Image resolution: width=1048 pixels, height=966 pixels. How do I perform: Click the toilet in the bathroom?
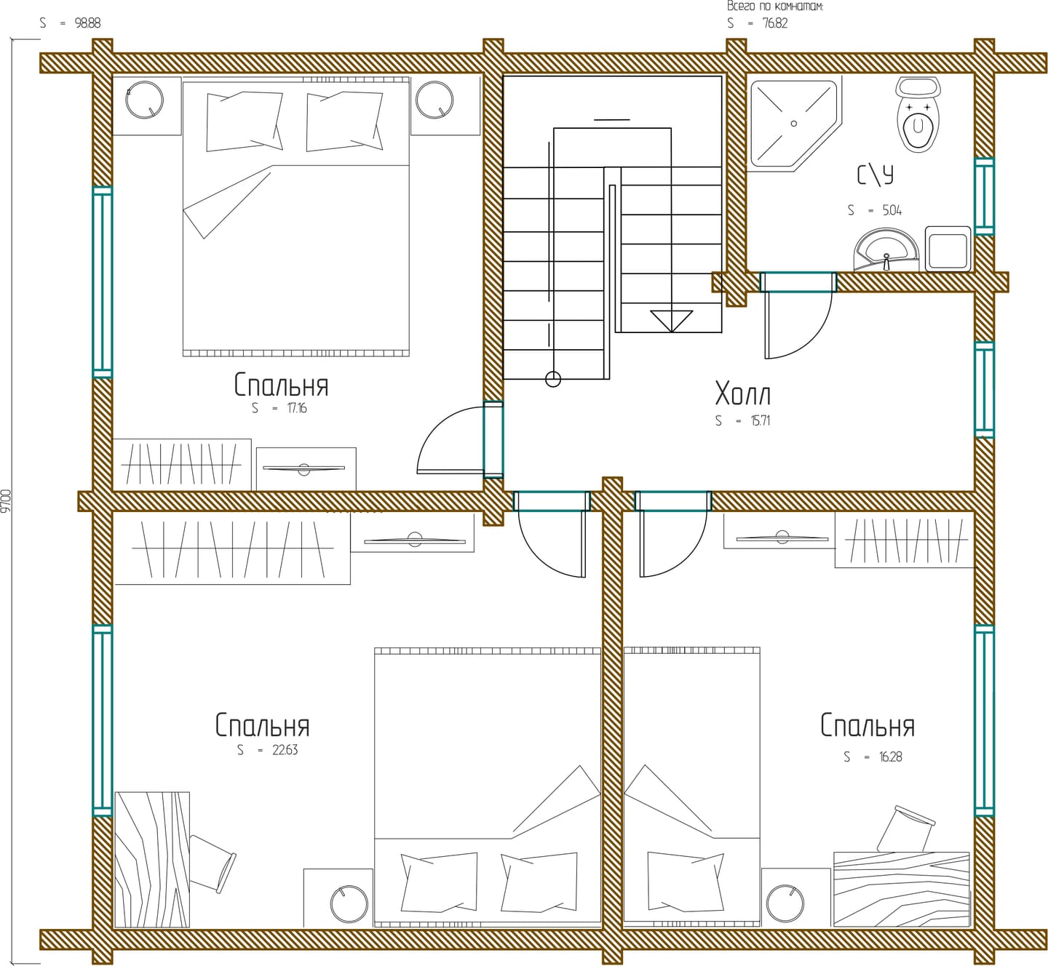[918, 114]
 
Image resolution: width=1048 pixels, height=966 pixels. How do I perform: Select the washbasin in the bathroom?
[886, 250]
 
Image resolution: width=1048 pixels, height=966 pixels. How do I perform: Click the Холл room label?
[742, 394]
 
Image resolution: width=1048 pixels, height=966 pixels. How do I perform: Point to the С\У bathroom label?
[875, 175]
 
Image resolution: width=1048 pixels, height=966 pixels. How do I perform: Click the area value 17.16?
[296, 408]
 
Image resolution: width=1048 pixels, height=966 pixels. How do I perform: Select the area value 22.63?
[285, 750]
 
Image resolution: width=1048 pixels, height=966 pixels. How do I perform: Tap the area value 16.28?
[890, 757]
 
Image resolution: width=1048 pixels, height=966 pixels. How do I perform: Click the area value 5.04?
[892, 210]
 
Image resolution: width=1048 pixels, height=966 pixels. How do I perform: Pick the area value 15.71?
[761, 420]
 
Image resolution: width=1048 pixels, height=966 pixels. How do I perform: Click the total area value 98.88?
[87, 23]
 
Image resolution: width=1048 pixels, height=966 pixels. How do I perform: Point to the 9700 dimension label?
[6, 500]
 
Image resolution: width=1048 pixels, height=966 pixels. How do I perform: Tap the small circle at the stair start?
[553, 379]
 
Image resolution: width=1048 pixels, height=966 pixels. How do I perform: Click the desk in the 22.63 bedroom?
[152, 859]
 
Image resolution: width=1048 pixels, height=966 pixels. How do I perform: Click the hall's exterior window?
[984, 390]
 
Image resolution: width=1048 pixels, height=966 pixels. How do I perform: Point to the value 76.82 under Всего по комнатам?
[774, 23]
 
